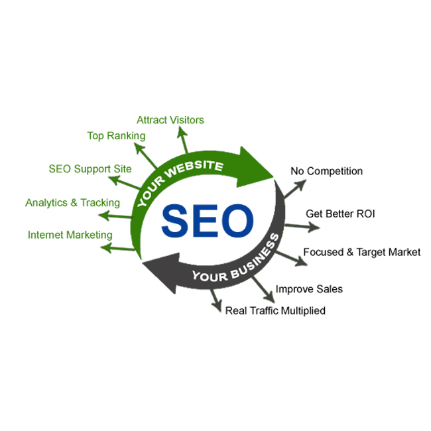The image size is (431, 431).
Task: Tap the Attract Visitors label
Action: click(170, 120)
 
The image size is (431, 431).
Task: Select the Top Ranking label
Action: click(116, 136)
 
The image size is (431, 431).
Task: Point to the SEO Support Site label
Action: click(90, 168)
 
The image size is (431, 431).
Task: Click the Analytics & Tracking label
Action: click(73, 202)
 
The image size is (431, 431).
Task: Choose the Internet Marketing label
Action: click(70, 235)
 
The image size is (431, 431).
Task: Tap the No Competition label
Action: click(326, 171)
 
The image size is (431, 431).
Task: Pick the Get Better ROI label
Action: click(341, 214)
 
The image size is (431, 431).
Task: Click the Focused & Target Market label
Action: click(361, 252)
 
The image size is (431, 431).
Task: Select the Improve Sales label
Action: click(309, 289)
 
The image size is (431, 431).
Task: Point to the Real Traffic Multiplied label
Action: click(275, 310)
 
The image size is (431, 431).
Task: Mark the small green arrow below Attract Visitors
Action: click(182, 140)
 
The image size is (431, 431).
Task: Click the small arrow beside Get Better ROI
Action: click(304, 226)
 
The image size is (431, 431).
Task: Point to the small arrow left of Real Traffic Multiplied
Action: click(216, 302)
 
